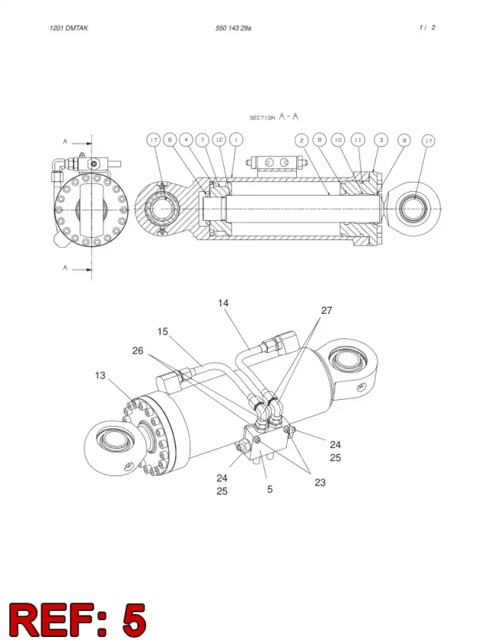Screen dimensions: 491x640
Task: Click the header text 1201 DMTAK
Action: [x=68, y=28]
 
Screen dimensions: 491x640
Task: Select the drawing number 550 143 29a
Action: [x=233, y=28]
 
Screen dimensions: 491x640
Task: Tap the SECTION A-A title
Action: [x=274, y=117]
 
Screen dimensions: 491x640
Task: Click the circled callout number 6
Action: [x=170, y=140]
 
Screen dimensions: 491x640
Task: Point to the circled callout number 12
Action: [x=219, y=140]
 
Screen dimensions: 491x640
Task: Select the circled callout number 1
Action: [x=236, y=140]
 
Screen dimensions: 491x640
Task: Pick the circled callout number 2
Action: [x=302, y=140]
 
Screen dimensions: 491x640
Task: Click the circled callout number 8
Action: [x=320, y=140]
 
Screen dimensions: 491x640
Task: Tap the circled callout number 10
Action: [x=338, y=140]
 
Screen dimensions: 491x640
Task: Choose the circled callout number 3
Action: [x=381, y=140]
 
